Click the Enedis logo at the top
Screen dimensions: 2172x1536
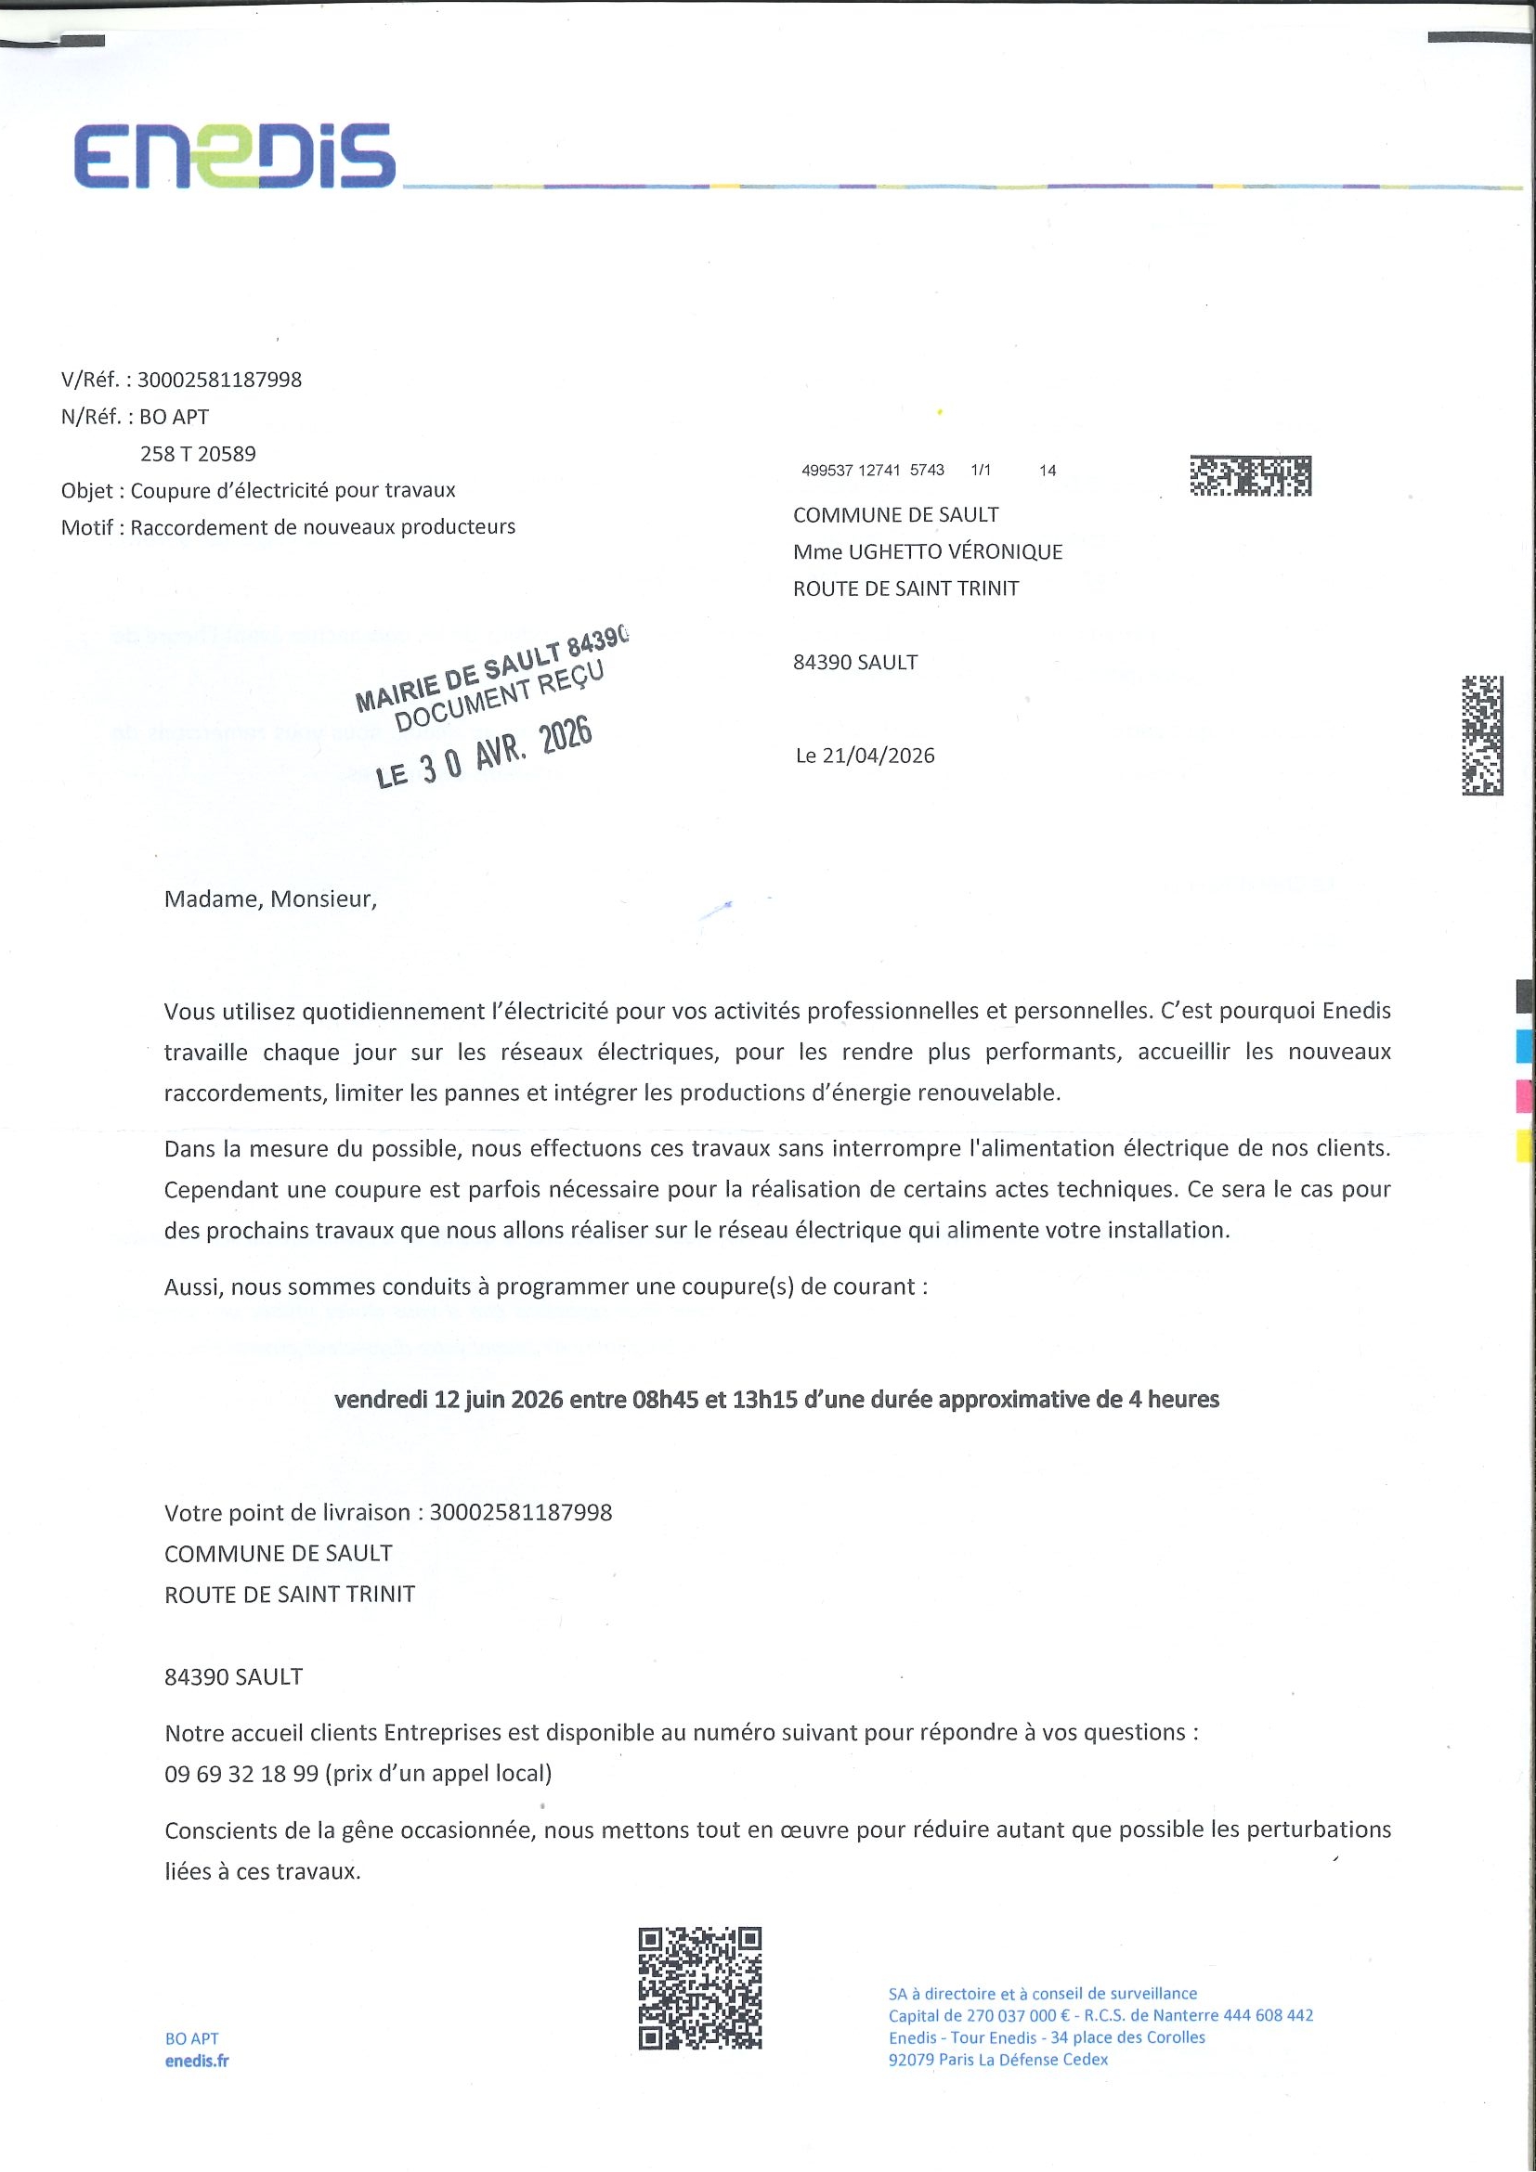[235, 156]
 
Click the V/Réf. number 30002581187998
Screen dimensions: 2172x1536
[219, 381]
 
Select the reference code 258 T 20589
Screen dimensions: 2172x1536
[198, 454]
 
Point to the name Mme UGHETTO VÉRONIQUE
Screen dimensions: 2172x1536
[928, 551]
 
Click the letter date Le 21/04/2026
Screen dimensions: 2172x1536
[865, 756]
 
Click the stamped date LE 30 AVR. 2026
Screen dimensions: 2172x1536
[484, 753]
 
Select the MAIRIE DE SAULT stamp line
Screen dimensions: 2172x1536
[491, 671]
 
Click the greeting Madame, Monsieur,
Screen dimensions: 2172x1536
[270, 899]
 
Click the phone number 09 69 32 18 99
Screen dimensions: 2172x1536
[241, 1774]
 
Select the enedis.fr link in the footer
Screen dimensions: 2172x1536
[197, 2062]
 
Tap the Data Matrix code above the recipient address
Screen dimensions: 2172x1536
[1250, 476]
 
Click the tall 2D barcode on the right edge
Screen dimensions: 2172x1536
[1482, 735]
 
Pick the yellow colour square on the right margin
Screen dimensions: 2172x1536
[1524, 1145]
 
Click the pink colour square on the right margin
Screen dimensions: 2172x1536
[1524, 1095]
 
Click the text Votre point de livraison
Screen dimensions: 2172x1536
[287, 1513]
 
